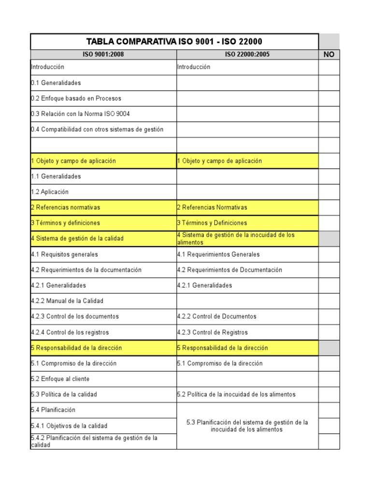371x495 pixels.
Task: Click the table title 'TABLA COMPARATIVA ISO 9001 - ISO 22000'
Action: [174, 42]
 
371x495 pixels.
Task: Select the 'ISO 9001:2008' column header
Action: [103, 55]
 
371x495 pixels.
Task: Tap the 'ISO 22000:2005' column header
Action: [247, 55]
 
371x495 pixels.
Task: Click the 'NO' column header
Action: [329, 55]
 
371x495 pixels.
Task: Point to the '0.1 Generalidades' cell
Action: [56, 83]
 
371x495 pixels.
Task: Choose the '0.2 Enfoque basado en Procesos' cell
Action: [76, 98]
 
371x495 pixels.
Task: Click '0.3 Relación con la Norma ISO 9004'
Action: [80, 114]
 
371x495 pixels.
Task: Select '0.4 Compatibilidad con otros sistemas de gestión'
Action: [97, 129]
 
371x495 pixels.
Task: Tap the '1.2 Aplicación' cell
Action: [50, 191]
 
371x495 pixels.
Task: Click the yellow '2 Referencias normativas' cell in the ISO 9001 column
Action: [66, 207]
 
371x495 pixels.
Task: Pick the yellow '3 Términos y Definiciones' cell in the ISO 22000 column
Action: [212, 223]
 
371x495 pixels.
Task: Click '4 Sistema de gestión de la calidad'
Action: [77, 238]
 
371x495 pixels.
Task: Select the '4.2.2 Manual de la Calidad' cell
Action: [67, 301]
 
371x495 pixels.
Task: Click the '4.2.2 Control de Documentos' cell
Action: [217, 316]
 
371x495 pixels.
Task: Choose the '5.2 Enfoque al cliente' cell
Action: [60, 379]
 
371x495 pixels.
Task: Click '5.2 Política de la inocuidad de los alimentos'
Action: [236, 394]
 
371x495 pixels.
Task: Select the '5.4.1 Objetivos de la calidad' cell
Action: [69, 426]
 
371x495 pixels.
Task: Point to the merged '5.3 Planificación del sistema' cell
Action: [247, 425]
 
